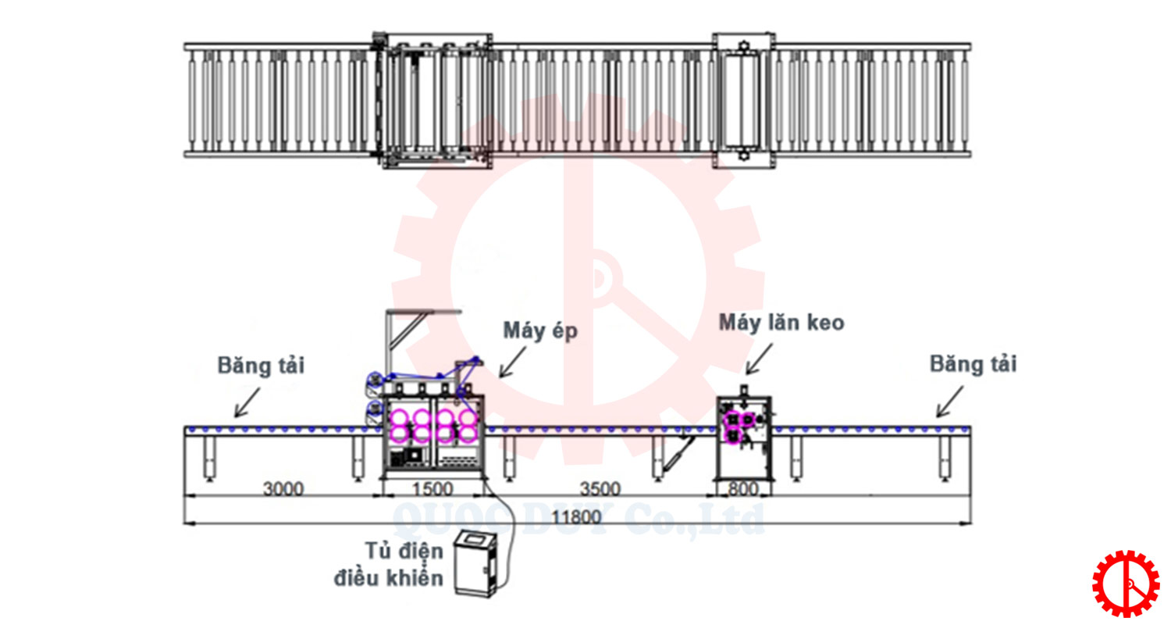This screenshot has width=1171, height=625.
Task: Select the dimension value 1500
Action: point(432,489)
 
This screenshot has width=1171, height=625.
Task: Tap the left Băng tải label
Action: point(262,364)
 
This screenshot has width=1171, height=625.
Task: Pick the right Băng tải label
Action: point(973,364)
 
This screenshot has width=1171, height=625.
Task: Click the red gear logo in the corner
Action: point(1125,584)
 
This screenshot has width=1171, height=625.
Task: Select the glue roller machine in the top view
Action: point(745,100)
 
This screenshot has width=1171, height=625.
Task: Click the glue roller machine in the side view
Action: point(746,437)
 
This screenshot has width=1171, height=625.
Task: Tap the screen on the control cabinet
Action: point(474,540)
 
